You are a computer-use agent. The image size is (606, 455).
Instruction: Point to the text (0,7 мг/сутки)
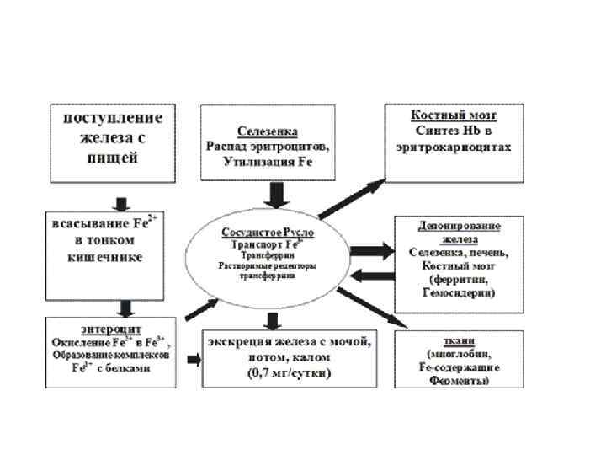pos(287,372)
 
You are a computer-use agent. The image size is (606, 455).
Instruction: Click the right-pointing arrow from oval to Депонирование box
pos(371,249)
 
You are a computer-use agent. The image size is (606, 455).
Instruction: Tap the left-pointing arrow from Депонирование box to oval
pos(371,276)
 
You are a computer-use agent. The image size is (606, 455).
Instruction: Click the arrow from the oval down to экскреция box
pos(271,321)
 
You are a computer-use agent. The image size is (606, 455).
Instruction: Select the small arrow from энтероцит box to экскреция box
pos(194,361)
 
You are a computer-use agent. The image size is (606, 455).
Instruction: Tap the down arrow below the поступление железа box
pos(120,203)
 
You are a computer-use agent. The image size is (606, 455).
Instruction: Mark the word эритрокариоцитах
pos(454,147)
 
